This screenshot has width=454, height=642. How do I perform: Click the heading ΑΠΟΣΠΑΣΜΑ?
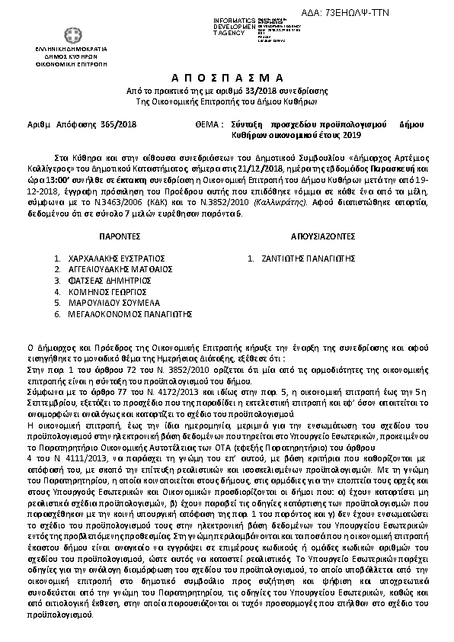tap(226, 79)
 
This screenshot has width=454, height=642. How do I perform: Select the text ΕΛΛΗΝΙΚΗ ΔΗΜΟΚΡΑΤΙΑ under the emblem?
tap(43, 49)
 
